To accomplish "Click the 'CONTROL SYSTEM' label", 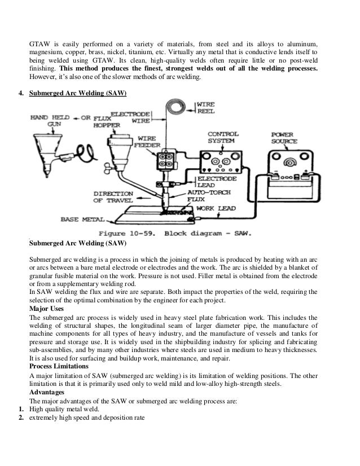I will (223, 137).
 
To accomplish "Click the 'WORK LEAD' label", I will (217, 208).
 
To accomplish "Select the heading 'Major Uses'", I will (46, 310).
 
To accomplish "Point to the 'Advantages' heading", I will (47, 392).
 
